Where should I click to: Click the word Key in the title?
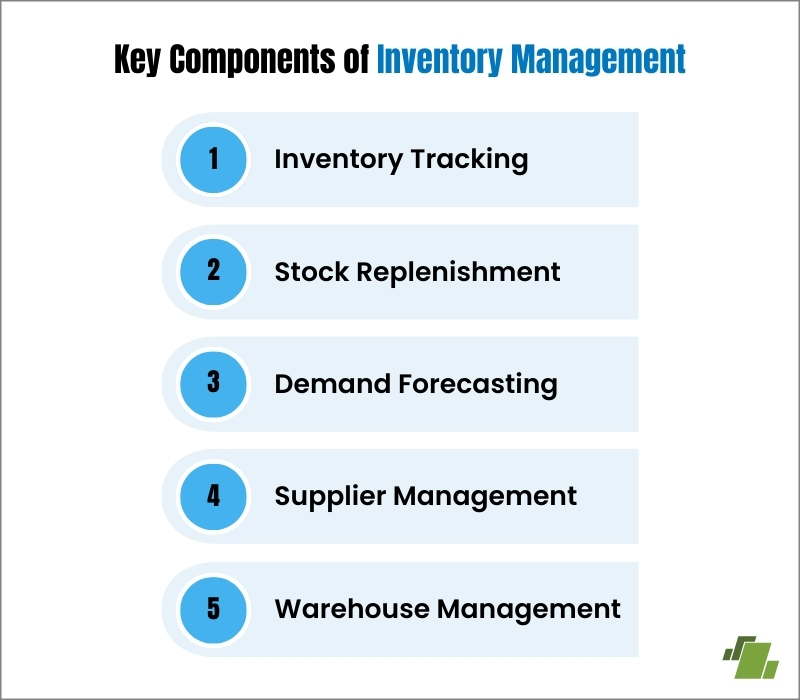pyautogui.click(x=137, y=61)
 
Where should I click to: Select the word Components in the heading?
pyautogui.click(x=249, y=61)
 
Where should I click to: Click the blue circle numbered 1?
pyautogui.click(x=212, y=159)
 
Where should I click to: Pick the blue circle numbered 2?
pyautogui.click(x=212, y=272)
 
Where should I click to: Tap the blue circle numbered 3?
pyautogui.click(x=212, y=384)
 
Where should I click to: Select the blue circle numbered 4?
pyautogui.click(x=212, y=496)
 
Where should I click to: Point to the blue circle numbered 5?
pyautogui.click(x=212, y=608)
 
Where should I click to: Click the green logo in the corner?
pyautogui.click(x=749, y=654)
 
